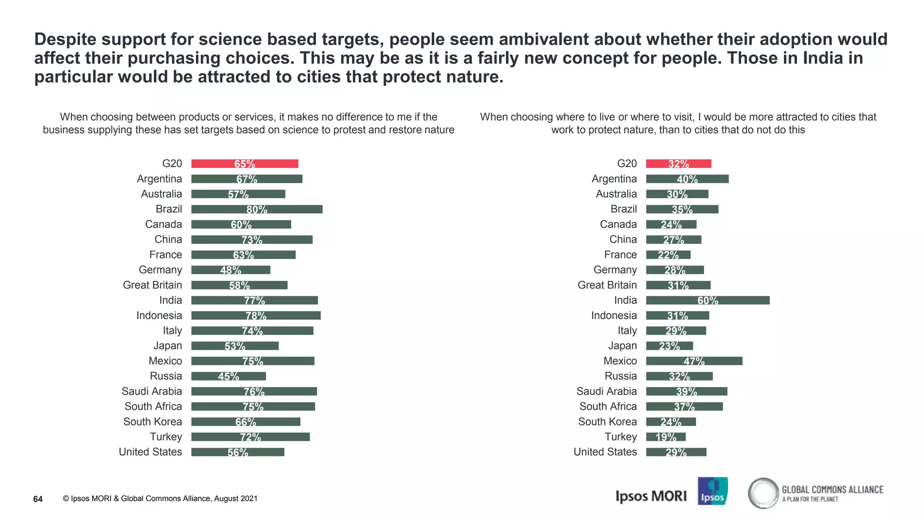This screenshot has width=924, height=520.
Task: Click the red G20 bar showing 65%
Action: tap(245, 164)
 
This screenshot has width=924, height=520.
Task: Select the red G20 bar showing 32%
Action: tap(679, 164)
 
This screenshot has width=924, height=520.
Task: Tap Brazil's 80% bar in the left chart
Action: tap(257, 209)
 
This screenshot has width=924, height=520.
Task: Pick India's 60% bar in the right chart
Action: tap(707, 301)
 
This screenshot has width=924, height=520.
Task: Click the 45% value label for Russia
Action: tap(229, 376)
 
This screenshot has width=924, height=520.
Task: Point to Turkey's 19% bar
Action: tap(665, 437)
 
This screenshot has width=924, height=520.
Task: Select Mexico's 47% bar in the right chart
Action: tap(694, 361)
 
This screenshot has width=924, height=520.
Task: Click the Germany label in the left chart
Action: tap(160, 270)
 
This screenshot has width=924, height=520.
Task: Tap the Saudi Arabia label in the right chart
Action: tap(606, 391)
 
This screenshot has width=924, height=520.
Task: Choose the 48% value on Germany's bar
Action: tap(231, 270)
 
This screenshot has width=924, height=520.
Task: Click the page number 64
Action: tap(38, 499)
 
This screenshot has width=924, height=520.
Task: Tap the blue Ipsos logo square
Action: tap(712, 491)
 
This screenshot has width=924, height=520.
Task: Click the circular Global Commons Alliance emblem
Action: tap(763, 493)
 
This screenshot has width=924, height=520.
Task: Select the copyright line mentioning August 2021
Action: tap(160, 499)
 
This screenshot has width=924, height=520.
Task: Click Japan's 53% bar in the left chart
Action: tap(235, 346)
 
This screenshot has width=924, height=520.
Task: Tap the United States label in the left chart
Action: tap(150, 452)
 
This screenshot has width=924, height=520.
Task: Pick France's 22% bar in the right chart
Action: tap(668, 255)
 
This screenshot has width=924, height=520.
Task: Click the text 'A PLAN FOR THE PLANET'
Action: tap(810, 499)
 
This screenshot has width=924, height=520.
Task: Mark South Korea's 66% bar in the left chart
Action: tap(245, 422)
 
